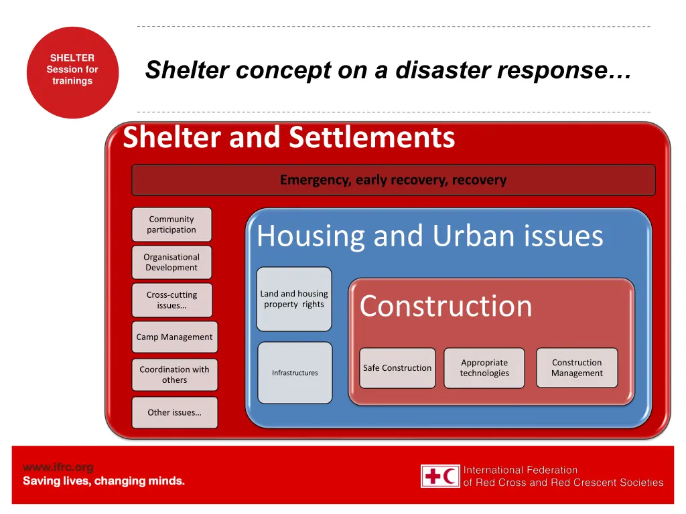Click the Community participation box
(x=171, y=224)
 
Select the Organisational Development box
(x=171, y=262)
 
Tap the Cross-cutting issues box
(x=171, y=300)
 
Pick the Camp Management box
(x=174, y=337)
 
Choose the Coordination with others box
(x=174, y=375)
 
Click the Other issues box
(x=174, y=412)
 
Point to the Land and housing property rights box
(x=294, y=299)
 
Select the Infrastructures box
(x=295, y=373)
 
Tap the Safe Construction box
(x=397, y=368)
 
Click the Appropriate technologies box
(x=484, y=368)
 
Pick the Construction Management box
(x=577, y=368)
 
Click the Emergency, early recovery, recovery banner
(x=393, y=180)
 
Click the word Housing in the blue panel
(x=310, y=236)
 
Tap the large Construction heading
(x=445, y=307)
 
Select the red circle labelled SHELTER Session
(x=72, y=72)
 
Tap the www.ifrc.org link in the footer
(x=58, y=467)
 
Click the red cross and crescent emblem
(x=440, y=476)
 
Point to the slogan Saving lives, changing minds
(x=104, y=481)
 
